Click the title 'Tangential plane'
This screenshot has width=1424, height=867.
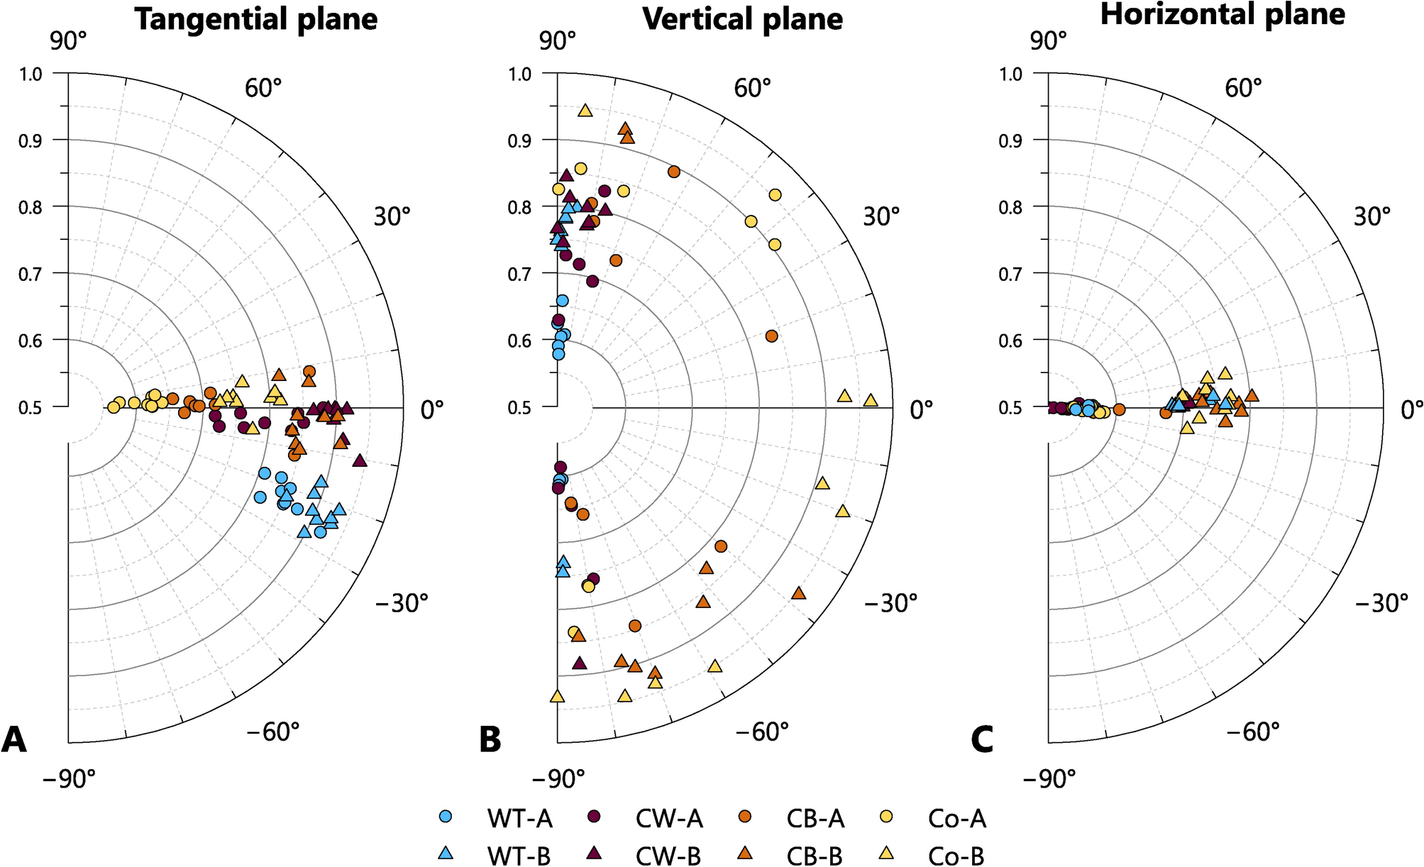point(256,19)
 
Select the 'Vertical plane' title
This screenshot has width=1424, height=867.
point(742,19)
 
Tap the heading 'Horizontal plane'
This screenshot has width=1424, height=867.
point(1222,14)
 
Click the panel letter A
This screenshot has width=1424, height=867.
point(14,740)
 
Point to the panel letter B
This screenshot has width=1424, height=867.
point(490,740)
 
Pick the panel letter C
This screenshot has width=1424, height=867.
point(982,740)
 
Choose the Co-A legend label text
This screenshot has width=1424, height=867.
point(956,819)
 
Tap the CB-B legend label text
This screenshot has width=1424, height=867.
point(815,857)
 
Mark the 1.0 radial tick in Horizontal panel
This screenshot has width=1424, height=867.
point(1012,74)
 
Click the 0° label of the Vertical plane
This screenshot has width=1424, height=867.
point(922,409)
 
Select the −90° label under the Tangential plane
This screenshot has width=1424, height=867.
point(69,779)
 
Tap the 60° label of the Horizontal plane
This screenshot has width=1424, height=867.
point(1242,89)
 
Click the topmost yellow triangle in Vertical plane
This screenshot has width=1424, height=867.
point(585,110)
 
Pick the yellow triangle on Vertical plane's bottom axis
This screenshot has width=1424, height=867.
point(557,696)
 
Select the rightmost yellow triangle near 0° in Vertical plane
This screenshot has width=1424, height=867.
point(871,400)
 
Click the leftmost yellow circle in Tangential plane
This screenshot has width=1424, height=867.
point(114,407)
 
